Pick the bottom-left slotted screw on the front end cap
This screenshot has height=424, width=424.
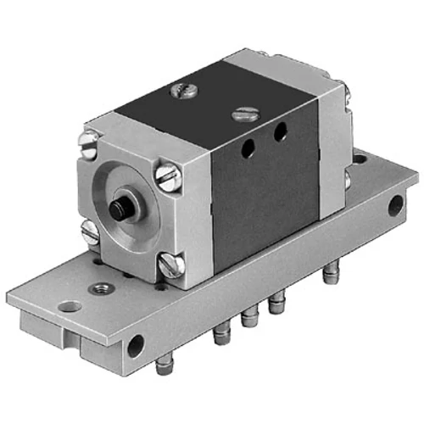click(x=91, y=231)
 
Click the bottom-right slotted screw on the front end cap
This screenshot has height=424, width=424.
click(x=172, y=266)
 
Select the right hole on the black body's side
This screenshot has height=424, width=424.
click(x=278, y=131)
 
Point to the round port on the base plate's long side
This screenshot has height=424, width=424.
click(x=135, y=345)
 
